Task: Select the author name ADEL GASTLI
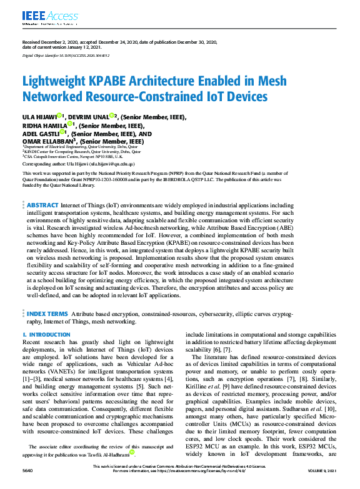(x=40, y=134)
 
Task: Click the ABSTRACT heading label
(x=43, y=204)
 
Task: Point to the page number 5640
(x=29, y=485)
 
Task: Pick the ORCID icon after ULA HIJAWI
(x=59, y=116)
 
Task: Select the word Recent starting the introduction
(x=32, y=343)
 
